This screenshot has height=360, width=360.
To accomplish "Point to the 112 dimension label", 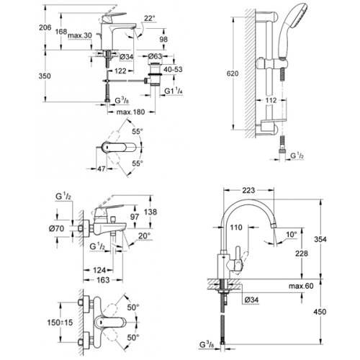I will click(290, 100).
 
